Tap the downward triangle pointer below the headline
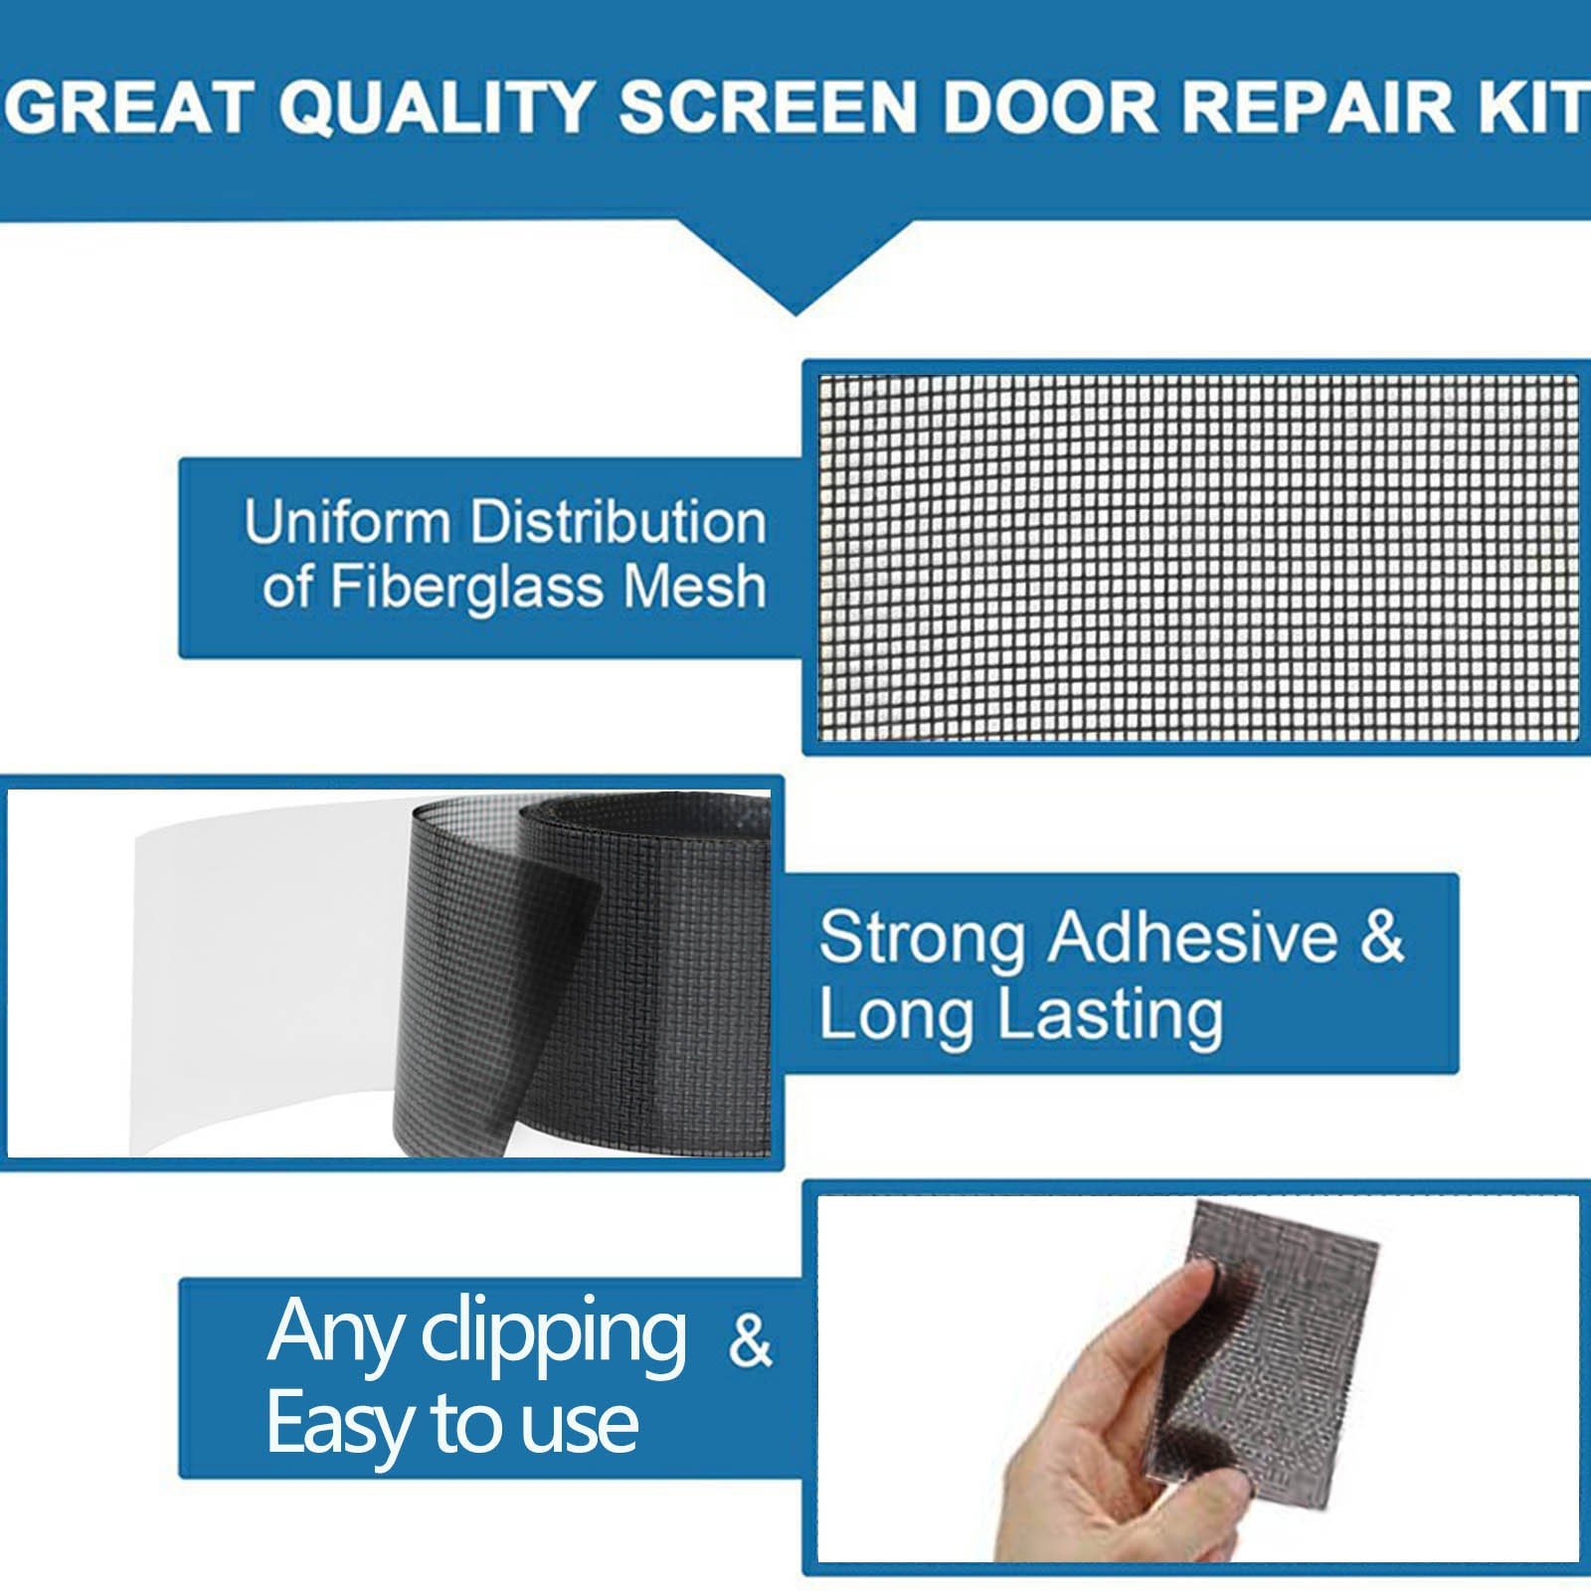pyautogui.click(x=795, y=268)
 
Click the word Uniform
pyautogui.click(x=347, y=522)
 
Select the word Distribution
pyautogui.click(x=619, y=522)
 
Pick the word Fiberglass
pyautogui.click(x=466, y=586)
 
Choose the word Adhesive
pyautogui.click(x=1193, y=938)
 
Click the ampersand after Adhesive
pyautogui.click(x=1382, y=938)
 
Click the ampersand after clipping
pyautogui.click(x=750, y=1340)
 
